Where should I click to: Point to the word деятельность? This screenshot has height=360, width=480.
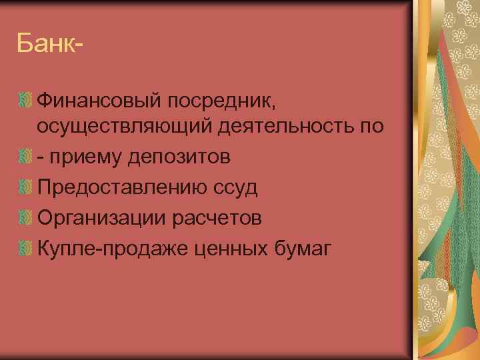[x=283, y=125]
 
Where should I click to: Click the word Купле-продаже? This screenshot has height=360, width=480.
[x=113, y=249]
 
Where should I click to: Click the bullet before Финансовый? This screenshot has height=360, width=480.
[x=25, y=101]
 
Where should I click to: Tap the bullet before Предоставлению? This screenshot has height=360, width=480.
[x=25, y=187]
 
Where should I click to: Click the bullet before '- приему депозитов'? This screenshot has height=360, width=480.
[x=25, y=157]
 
